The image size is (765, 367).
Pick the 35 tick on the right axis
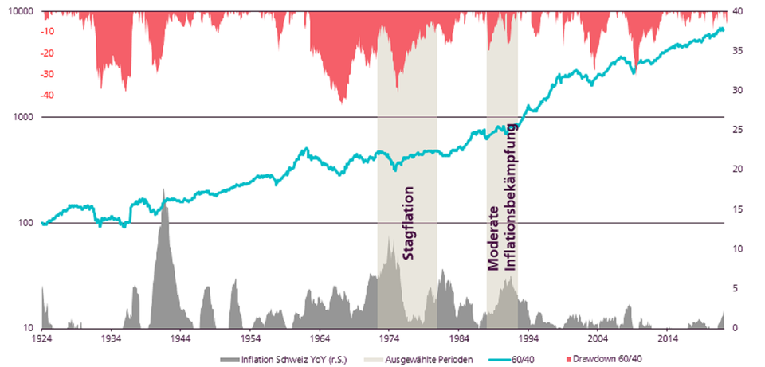tap(739, 51)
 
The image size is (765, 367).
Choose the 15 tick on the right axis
tap(739, 209)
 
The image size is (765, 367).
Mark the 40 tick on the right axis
tap(739, 12)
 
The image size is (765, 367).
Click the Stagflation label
tap(408, 224)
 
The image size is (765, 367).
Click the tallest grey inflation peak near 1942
tap(163, 191)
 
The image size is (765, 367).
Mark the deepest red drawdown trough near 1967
tap(343, 102)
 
